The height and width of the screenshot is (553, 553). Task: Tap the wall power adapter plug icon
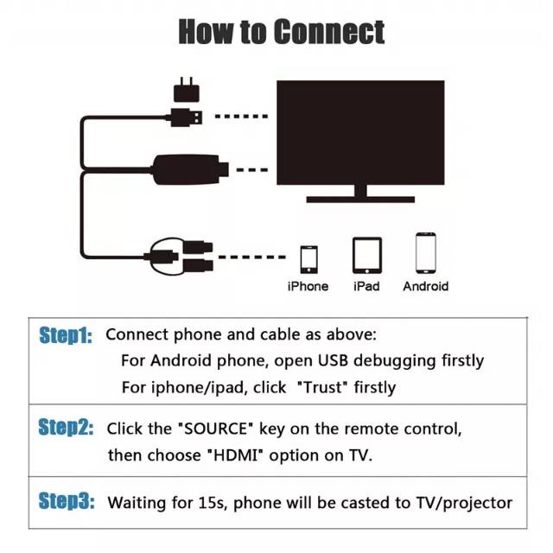tap(187, 90)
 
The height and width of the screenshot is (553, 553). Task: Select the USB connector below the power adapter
tap(186, 118)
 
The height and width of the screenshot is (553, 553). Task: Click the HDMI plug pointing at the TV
tap(191, 170)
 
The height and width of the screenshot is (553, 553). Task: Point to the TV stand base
tap(360, 200)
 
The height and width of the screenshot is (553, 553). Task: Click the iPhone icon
tap(309, 259)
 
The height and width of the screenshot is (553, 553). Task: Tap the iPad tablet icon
tap(367, 256)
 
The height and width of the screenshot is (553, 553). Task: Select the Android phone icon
tap(426, 253)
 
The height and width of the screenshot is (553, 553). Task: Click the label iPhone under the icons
tap(308, 286)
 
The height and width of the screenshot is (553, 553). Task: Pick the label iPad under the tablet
tap(366, 286)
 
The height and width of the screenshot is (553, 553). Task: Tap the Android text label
tap(426, 286)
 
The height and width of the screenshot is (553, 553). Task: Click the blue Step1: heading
tap(66, 335)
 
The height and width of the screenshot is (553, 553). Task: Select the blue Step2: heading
tap(66, 427)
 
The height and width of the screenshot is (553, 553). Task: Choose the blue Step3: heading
tap(67, 501)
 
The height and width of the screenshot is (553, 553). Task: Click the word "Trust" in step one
tap(322, 387)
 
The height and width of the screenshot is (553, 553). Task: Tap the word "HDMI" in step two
tap(236, 455)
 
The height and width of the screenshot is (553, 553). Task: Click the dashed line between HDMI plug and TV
tap(251, 170)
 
